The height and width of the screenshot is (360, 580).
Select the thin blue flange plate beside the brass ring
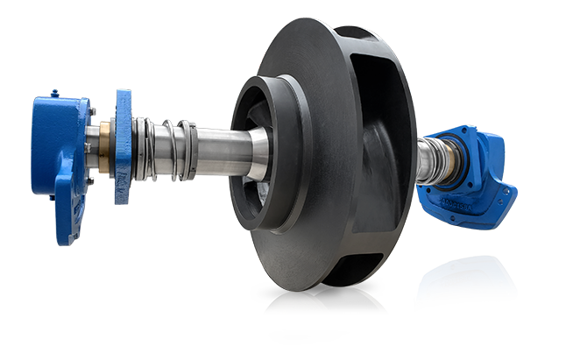[x=122, y=145]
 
